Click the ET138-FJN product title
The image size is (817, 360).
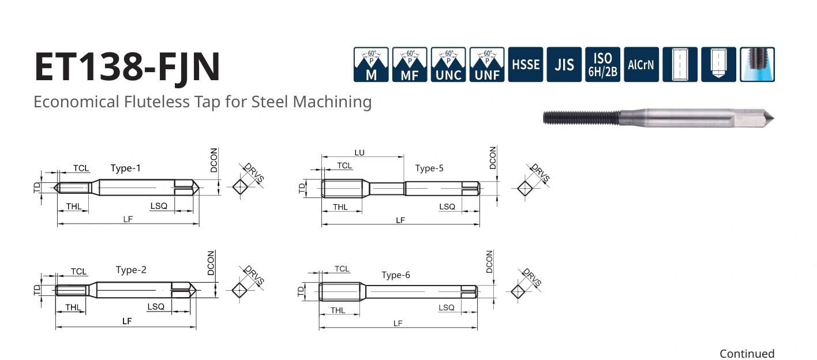pyautogui.click(x=128, y=67)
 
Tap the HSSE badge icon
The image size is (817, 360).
pyautogui.click(x=526, y=65)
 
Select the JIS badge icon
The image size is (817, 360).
pyautogui.click(x=564, y=65)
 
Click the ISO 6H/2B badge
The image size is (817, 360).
pyautogui.click(x=603, y=65)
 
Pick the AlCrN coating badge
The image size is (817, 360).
pyautogui.click(x=641, y=65)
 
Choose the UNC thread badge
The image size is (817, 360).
pyautogui.click(x=448, y=65)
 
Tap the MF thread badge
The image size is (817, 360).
pyautogui.click(x=410, y=65)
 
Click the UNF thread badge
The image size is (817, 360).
pyautogui.click(x=487, y=65)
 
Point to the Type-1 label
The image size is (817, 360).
pyautogui.click(x=125, y=168)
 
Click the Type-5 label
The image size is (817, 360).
pyautogui.click(x=429, y=168)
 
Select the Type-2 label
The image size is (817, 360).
pyautogui.click(x=131, y=270)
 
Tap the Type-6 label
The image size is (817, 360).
pyautogui.click(x=396, y=275)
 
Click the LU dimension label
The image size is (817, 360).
pyautogui.click(x=359, y=153)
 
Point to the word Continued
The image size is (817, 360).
pyautogui.click(x=747, y=354)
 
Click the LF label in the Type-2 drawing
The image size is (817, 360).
pyautogui.click(x=127, y=321)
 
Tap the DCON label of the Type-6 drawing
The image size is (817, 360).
pyautogui.click(x=489, y=261)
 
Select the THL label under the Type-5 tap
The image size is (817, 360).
pyautogui.click(x=340, y=207)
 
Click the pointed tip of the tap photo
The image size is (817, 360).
pyautogui.click(x=773, y=118)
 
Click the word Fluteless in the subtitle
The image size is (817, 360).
pyautogui.click(x=157, y=102)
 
